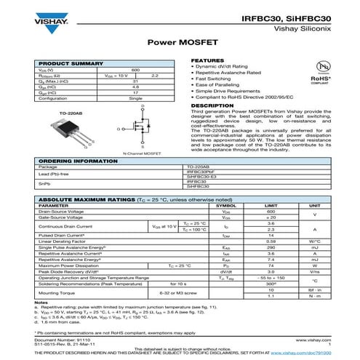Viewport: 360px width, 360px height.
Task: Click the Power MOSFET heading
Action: (x=180, y=43)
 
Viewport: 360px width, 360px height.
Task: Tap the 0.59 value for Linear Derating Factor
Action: (x=271, y=241)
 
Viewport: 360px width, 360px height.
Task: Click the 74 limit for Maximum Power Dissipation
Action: (x=271, y=265)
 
